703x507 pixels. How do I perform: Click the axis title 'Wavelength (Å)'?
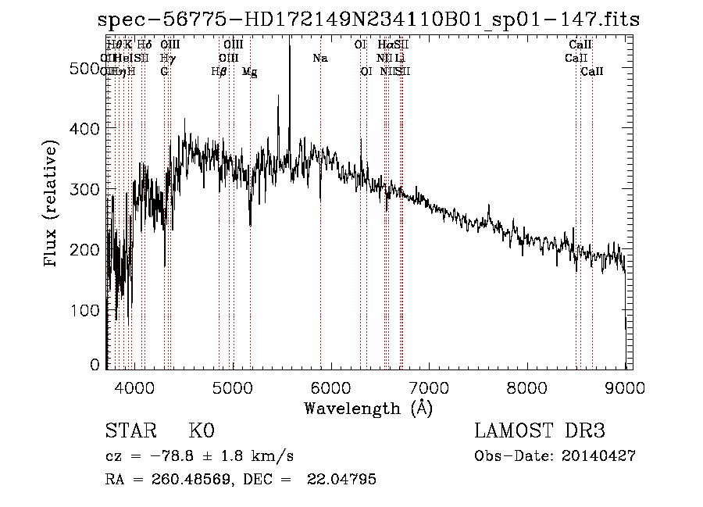point(368,408)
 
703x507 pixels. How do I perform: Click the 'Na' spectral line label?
point(319,59)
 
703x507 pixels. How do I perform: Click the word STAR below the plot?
point(127,431)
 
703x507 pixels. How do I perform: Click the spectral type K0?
point(202,431)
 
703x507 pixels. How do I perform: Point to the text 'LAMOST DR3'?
point(540,431)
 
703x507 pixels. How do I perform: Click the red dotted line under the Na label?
point(320,234)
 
